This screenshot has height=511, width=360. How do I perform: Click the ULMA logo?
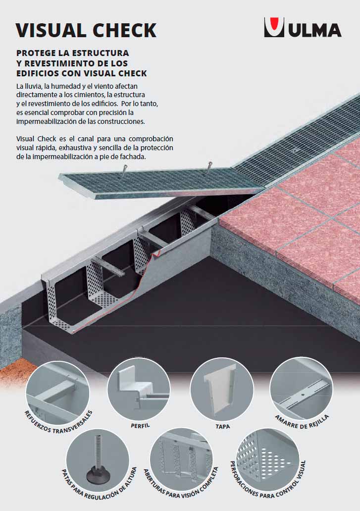[x=303, y=27]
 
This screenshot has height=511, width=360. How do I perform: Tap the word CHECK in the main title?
[x=125, y=30]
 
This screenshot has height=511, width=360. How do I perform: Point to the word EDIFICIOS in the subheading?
[x=37, y=73]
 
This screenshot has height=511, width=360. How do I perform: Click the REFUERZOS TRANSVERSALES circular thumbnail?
[x=57, y=392]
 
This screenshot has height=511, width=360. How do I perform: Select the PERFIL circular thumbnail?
[x=139, y=389]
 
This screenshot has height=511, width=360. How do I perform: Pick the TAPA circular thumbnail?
[x=222, y=389]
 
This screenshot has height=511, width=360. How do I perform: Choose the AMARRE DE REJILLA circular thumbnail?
[x=301, y=389]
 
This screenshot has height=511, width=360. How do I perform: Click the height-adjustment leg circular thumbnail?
[x=98, y=460]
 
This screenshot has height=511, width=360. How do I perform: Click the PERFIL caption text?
[x=140, y=426]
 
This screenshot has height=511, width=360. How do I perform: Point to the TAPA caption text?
[x=223, y=426]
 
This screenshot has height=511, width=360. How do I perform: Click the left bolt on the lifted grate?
[x=124, y=170]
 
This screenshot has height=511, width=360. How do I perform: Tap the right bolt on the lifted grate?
[x=209, y=168]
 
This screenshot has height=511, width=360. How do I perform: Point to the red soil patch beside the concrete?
[x=16, y=372]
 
